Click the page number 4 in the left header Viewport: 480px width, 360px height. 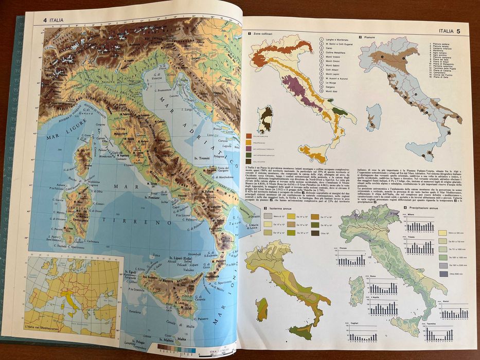[45, 21]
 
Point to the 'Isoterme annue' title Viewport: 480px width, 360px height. [280, 208]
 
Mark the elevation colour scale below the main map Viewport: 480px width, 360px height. [177, 349]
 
